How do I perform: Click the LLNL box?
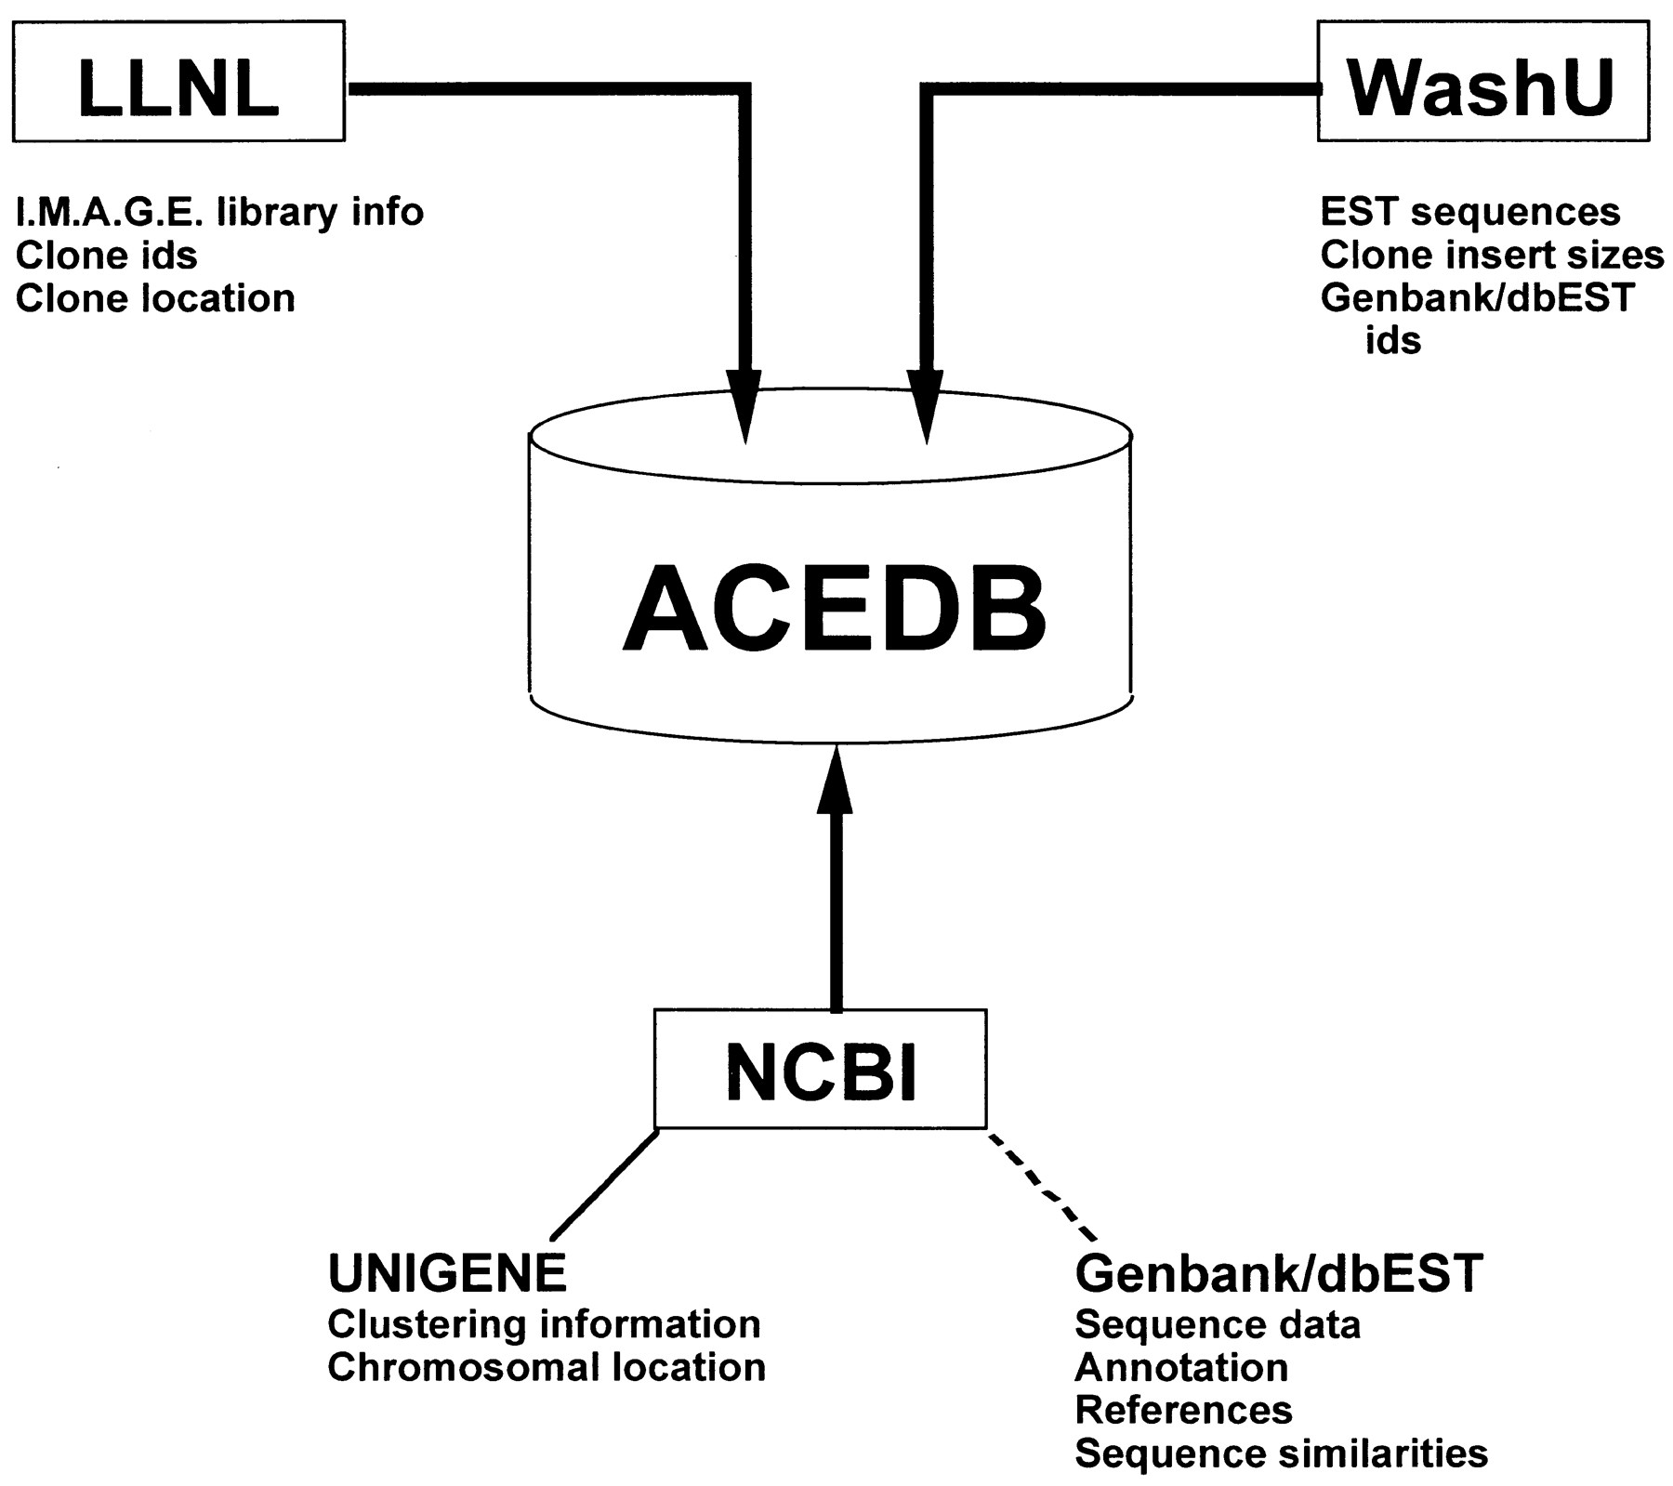click(178, 82)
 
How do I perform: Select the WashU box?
click(1482, 82)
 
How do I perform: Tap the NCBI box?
click(820, 1069)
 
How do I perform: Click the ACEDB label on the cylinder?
click(834, 611)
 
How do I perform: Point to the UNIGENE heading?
click(447, 1273)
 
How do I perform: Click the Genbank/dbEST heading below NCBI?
click(1278, 1273)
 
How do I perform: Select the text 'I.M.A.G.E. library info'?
click(219, 213)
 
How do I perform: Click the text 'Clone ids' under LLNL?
click(107, 256)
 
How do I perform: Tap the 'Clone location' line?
click(155, 298)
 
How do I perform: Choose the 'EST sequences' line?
click(1470, 213)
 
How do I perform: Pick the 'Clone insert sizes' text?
click(1492, 256)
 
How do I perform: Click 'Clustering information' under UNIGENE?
click(544, 1324)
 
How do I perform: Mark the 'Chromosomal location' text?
click(547, 1367)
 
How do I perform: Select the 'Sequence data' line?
click(1218, 1324)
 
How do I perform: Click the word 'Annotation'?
click(1181, 1367)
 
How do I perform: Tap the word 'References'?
click(1183, 1410)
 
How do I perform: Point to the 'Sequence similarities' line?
click(1281, 1453)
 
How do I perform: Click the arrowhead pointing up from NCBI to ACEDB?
click(835, 781)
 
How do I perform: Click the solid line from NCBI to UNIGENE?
click(604, 1185)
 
